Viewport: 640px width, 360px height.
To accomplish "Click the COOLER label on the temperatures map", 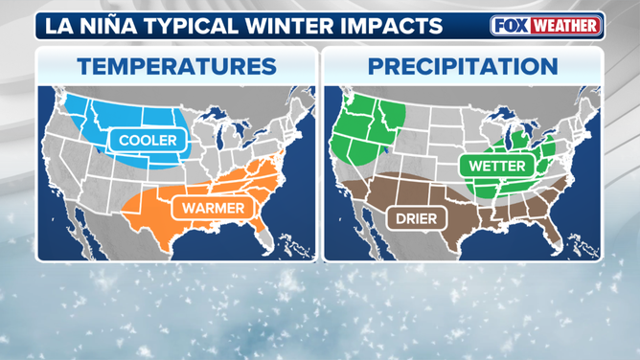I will (148, 141).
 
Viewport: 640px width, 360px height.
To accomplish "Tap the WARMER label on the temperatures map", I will (209, 207).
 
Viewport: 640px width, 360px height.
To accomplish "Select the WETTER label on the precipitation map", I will (495, 165).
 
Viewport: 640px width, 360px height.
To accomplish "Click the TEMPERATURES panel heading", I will (176, 66).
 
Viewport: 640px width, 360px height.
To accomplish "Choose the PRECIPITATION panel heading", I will (463, 66).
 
